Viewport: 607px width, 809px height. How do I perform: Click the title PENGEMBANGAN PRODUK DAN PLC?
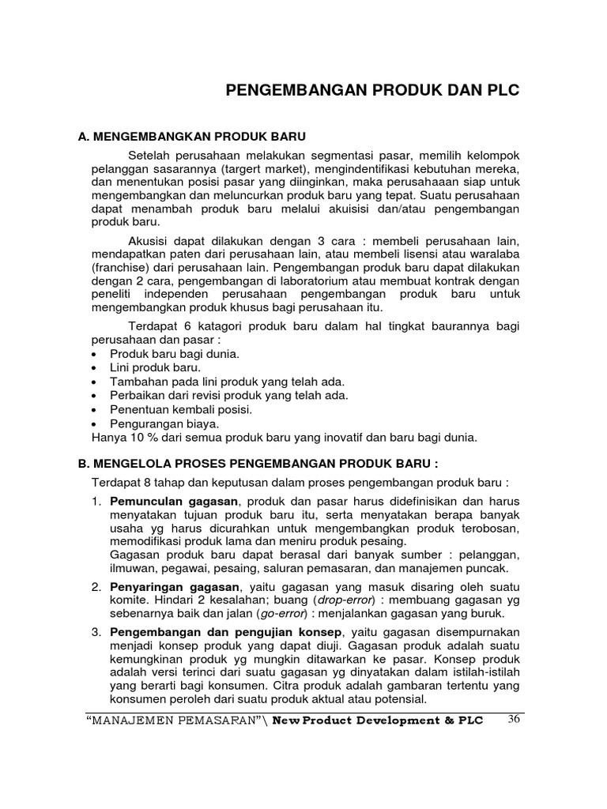373,91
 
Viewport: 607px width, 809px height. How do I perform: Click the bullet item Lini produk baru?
156,367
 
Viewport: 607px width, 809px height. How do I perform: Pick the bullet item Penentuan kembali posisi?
181,409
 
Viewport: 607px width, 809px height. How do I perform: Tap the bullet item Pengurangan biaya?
164,423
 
